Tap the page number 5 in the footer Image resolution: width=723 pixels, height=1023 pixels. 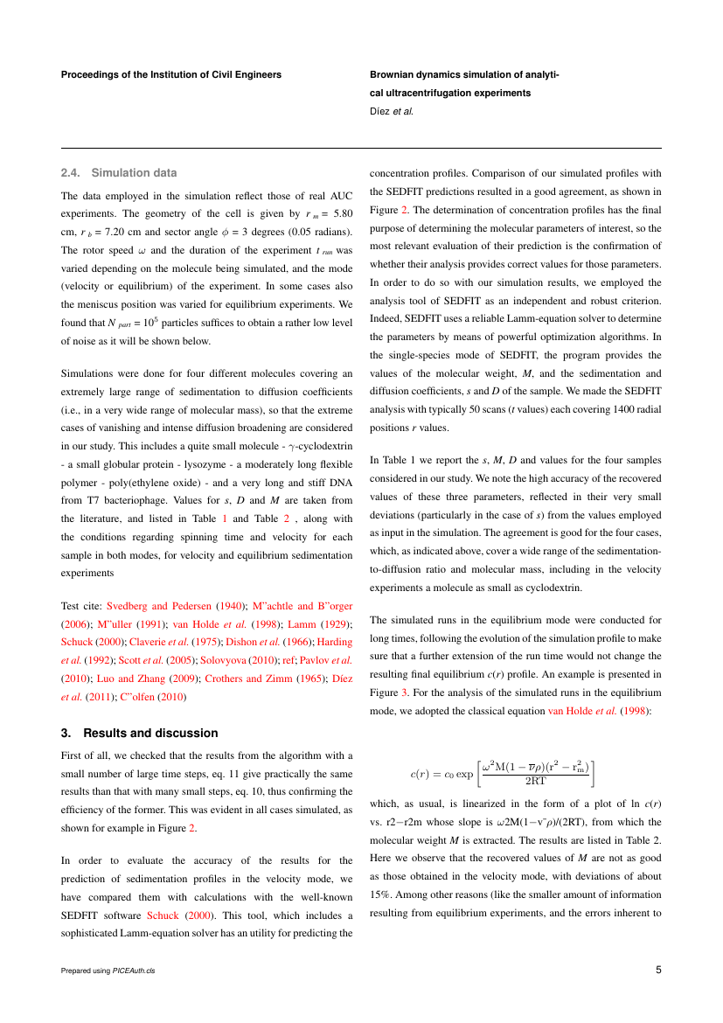(x=658, y=969)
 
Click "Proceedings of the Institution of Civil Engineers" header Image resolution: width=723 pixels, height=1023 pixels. (x=171, y=75)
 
